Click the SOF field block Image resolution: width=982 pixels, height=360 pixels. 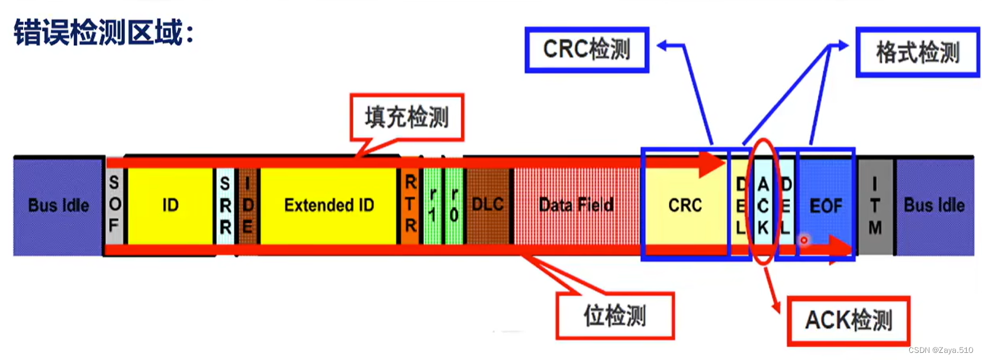point(114,205)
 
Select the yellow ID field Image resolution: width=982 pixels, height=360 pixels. point(170,205)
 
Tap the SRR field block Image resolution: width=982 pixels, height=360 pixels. point(225,205)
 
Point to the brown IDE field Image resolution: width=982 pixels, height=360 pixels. point(247,205)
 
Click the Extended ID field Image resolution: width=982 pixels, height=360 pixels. point(329,205)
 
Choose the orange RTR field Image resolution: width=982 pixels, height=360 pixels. point(410,205)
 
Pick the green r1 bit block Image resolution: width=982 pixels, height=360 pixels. point(433,205)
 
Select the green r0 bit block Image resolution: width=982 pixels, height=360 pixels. point(454,205)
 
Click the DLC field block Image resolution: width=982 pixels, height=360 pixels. point(488,205)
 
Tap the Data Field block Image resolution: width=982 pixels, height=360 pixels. point(576,205)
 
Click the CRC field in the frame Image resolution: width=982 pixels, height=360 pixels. point(685,205)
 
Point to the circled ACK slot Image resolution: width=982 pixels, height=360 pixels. point(763,205)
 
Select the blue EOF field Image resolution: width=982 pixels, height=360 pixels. point(826,205)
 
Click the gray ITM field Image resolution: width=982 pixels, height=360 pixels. point(875,205)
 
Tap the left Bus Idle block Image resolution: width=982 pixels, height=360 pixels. point(58,205)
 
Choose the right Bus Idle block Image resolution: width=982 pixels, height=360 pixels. point(934,205)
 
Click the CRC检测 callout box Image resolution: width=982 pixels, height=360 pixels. point(587,50)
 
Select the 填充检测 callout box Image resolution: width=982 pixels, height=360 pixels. point(407,117)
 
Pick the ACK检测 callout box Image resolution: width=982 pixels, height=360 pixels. point(848,320)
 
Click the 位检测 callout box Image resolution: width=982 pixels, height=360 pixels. point(614,315)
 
